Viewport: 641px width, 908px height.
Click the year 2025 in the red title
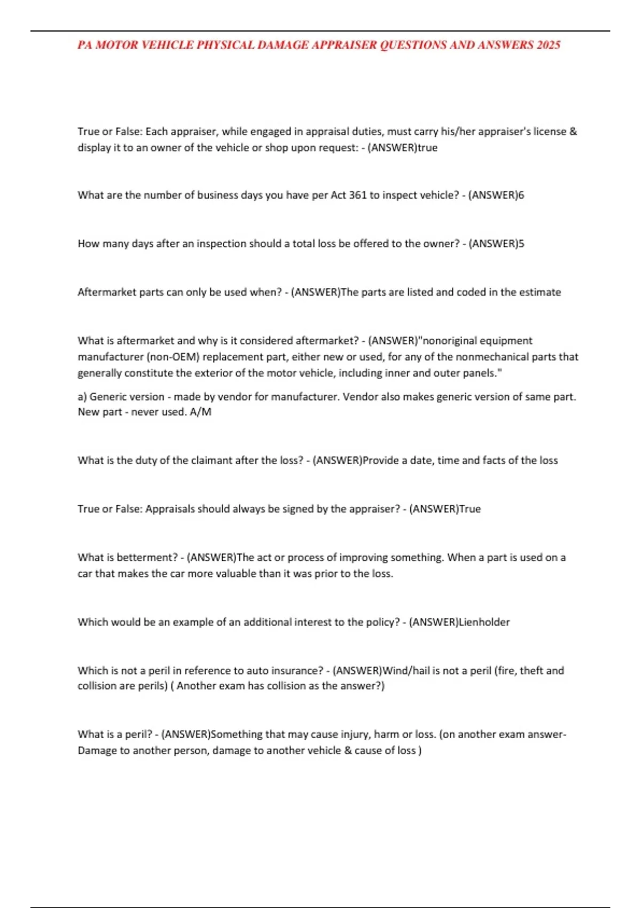(548, 45)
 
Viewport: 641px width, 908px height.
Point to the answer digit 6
(521, 195)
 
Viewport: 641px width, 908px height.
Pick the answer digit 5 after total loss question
(521, 244)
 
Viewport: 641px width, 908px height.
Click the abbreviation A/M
(200, 412)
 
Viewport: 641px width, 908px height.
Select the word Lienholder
(484, 622)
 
